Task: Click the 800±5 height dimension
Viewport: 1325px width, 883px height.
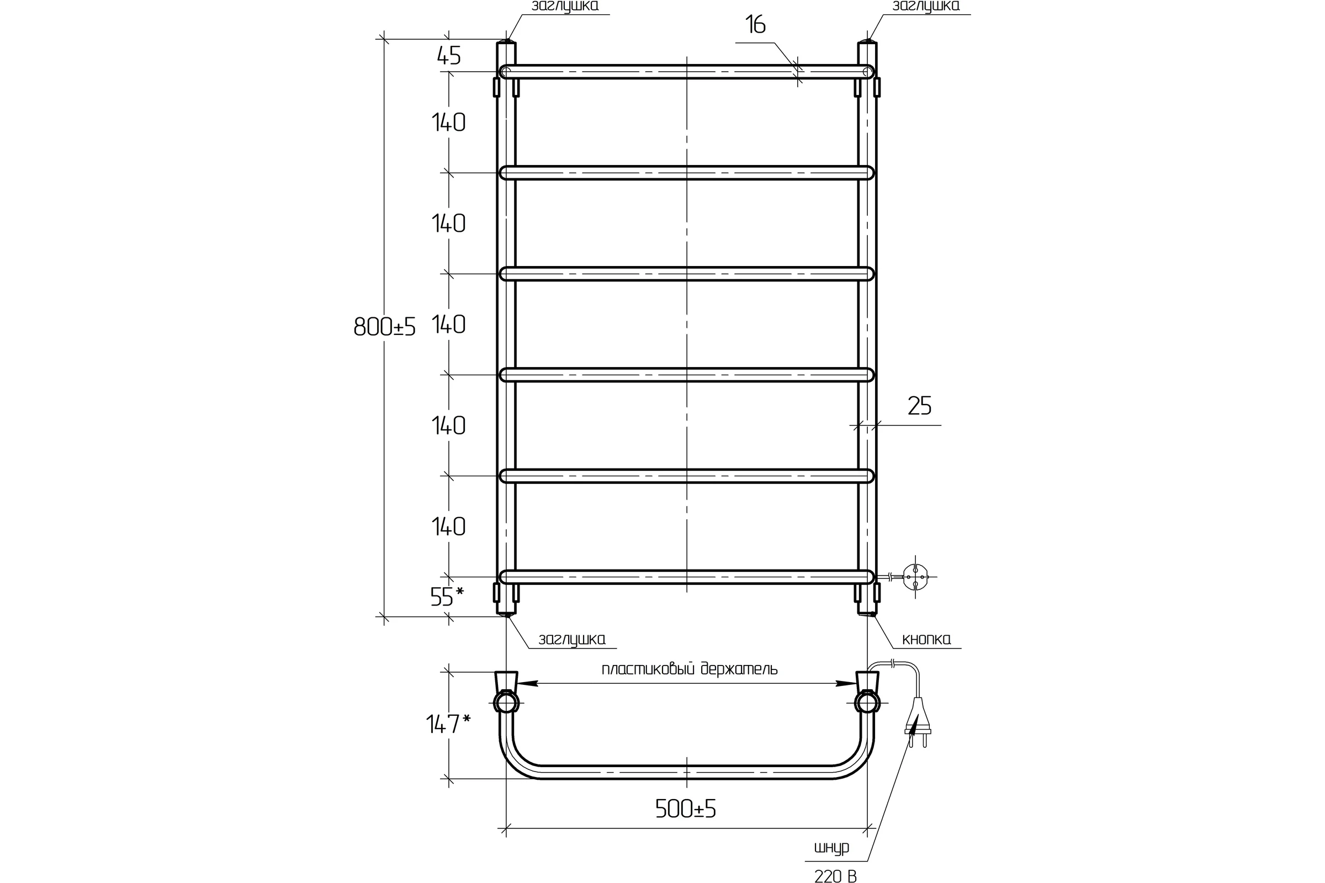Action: click(x=385, y=327)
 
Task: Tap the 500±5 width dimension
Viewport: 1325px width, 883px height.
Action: click(x=686, y=809)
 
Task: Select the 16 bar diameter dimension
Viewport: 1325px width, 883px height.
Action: click(x=755, y=25)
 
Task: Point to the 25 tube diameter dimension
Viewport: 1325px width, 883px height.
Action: click(x=919, y=406)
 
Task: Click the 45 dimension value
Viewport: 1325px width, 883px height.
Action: click(x=449, y=56)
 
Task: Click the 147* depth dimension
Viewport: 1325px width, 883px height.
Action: click(x=448, y=724)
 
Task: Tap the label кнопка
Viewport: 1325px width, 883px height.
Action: click(x=926, y=639)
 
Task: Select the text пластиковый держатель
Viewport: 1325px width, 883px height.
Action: click(x=690, y=668)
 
